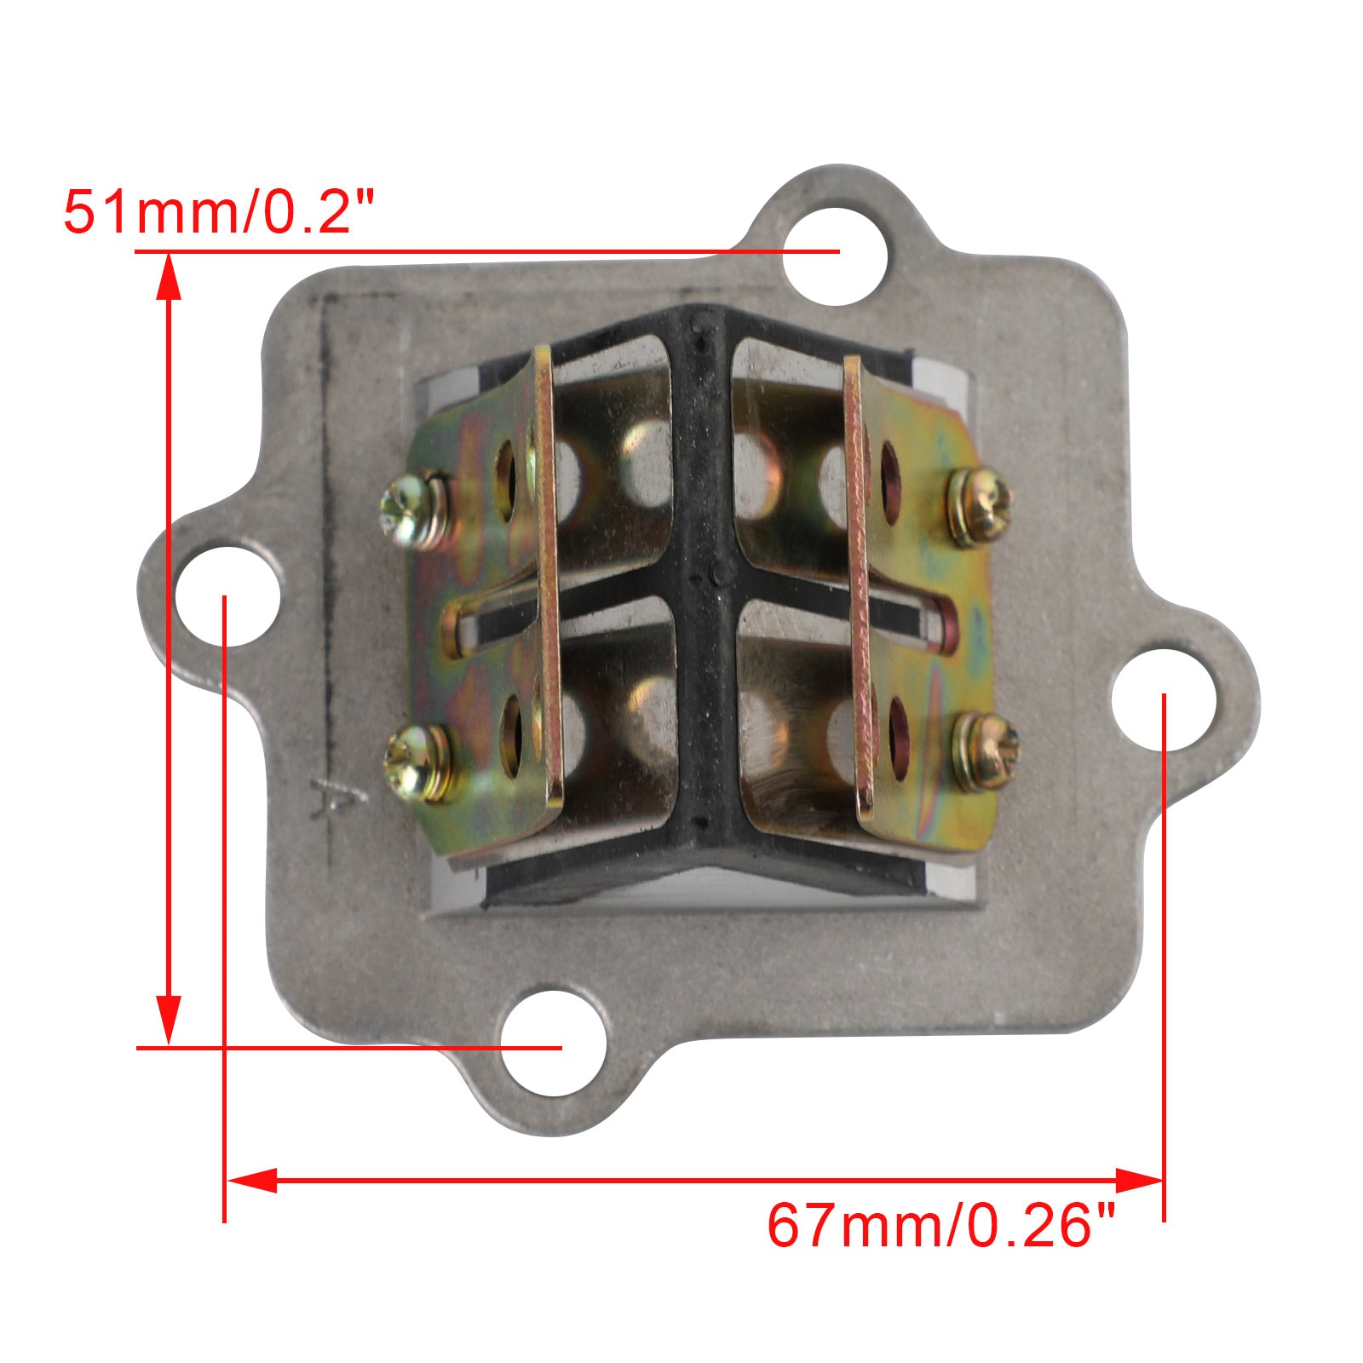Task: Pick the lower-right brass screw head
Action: (984, 752)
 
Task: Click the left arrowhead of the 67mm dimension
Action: (251, 1180)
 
